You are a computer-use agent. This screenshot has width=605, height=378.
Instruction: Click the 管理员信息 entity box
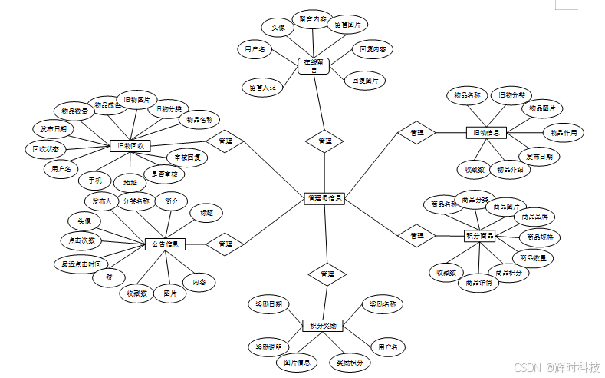pos(324,198)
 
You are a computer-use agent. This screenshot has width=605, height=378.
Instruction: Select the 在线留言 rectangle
pos(314,66)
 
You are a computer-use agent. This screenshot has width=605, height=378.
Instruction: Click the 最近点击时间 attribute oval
pos(81,264)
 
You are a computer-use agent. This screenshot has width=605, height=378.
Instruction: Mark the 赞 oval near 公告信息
pos(109,278)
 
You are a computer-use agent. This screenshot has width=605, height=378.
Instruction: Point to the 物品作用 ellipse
pos(564,132)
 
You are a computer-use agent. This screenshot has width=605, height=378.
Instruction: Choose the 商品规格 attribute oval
pos(540,237)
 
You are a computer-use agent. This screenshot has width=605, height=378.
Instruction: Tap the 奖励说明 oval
pos(269,347)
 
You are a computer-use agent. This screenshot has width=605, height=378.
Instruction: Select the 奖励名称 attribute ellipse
pos(381,304)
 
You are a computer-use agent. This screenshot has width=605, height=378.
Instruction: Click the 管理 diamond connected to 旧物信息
pos(416,133)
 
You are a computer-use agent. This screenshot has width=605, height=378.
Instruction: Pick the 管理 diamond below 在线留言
pos(325,141)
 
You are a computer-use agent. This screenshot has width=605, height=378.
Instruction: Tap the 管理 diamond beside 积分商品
pos(416,235)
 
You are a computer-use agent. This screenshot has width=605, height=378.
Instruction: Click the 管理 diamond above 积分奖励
pos(327,274)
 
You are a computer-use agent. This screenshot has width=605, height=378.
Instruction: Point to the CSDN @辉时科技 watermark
pos(556,366)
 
